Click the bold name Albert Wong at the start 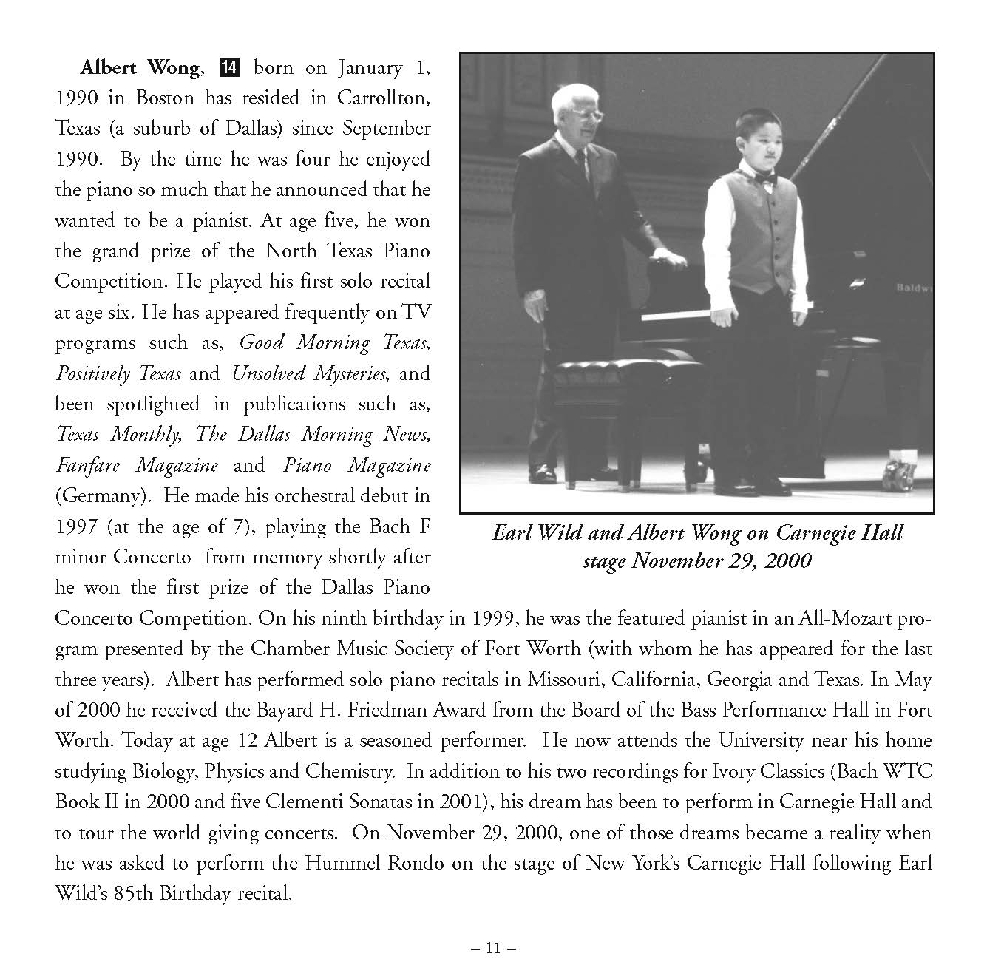tap(139, 68)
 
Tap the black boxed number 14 tap(229, 68)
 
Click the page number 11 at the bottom tap(494, 948)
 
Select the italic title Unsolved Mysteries tap(309, 373)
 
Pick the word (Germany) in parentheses tap(101, 496)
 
